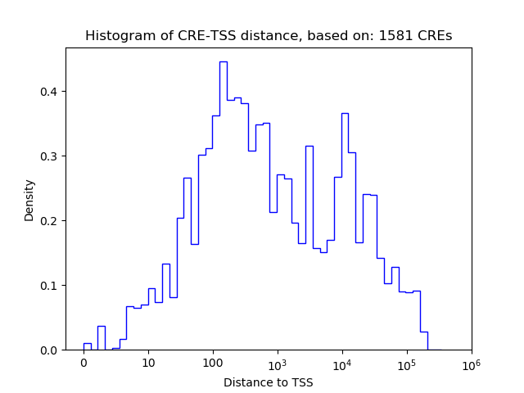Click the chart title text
click(x=269, y=36)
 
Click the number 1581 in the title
click(x=407, y=36)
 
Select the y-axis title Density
click(x=29, y=199)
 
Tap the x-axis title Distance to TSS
click(x=269, y=382)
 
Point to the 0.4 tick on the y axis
click(x=51, y=91)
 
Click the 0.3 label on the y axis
click(x=51, y=156)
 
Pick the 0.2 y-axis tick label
click(x=51, y=220)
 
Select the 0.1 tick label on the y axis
click(x=51, y=285)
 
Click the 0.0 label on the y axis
click(x=51, y=350)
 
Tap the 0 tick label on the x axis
click(x=84, y=363)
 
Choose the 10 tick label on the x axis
click(x=148, y=363)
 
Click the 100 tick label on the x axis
click(x=213, y=363)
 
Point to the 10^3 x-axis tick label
click(x=277, y=362)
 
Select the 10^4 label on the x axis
click(x=341, y=362)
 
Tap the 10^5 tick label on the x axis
click(x=406, y=362)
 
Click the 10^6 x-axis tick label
click(x=471, y=362)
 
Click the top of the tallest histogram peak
click(x=223, y=61)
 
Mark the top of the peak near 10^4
click(x=345, y=113)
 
